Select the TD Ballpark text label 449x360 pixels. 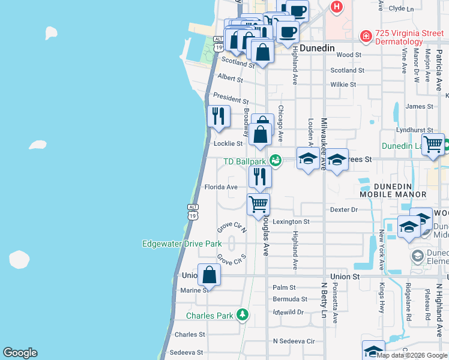244,161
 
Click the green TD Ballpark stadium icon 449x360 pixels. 275,160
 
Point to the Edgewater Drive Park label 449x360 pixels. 182,244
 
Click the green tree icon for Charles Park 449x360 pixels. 243,314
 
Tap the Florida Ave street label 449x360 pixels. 221,187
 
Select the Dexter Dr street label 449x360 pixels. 344,209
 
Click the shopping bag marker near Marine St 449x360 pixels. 209,275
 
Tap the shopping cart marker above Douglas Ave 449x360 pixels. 259,204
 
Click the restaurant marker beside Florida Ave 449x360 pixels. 260,176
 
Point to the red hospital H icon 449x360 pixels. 337,7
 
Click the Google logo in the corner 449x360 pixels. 20,353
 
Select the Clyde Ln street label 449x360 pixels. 402,9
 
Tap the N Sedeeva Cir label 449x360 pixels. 294,341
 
